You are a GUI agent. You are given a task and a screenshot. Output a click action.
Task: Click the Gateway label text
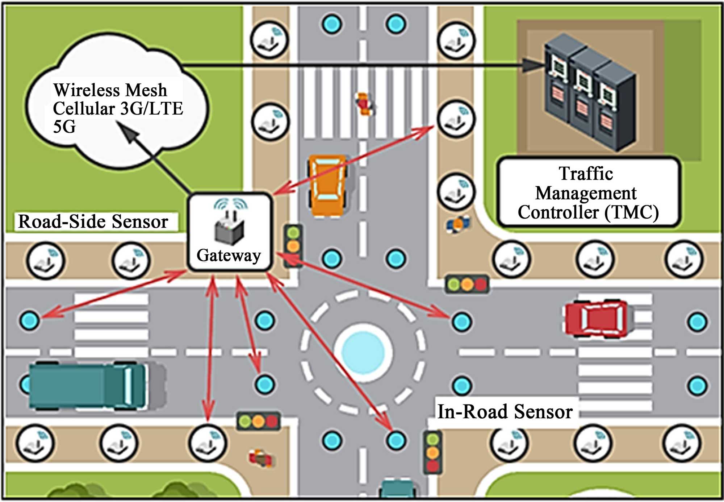(229, 255)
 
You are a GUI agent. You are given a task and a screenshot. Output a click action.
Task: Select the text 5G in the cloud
(64, 127)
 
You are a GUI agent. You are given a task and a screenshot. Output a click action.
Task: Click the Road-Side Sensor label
(93, 221)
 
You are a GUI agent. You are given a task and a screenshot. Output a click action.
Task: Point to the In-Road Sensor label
(505, 412)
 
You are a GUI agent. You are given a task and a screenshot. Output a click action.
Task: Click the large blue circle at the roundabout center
(363, 352)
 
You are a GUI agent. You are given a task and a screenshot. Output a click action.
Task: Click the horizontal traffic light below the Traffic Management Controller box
(467, 284)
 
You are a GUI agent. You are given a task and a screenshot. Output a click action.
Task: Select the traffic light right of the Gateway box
(293, 246)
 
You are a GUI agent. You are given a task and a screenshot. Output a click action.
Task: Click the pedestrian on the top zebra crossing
(364, 104)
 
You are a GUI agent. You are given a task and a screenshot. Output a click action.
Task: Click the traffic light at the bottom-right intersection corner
(433, 452)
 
